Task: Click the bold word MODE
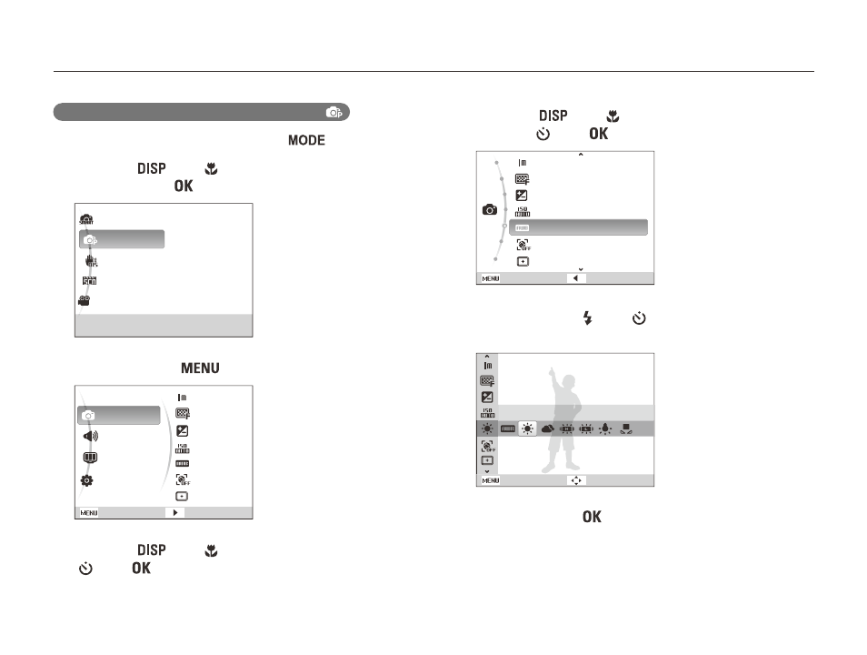click(306, 140)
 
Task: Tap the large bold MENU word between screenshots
click(200, 368)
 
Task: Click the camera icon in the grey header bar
click(334, 113)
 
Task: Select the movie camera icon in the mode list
click(84, 300)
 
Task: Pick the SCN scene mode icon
click(89, 281)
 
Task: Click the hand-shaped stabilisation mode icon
click(91, 261)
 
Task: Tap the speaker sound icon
click(90, 437)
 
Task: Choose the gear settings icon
click(87, 480)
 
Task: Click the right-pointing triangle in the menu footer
click(175, 513)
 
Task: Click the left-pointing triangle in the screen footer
click(575, 278)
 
